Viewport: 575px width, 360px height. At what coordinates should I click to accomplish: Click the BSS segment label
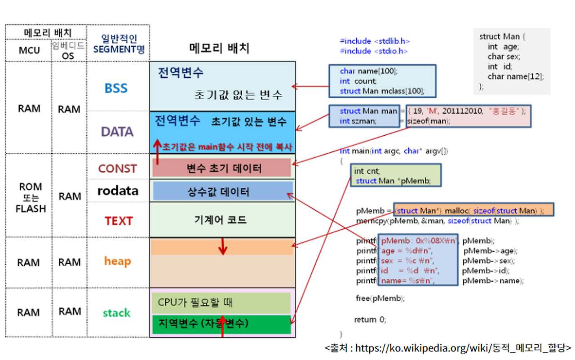click(116, 88)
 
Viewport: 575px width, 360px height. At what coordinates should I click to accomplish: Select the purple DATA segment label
click(117, 132)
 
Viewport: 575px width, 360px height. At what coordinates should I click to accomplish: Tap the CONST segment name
click(117, 169)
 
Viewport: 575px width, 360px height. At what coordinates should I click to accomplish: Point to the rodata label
click(118, 191)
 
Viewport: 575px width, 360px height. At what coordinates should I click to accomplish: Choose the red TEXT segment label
click(119, 221)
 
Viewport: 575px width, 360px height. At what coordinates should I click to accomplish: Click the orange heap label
click(117, 261)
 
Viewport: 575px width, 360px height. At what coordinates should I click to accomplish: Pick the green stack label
click(116, 313)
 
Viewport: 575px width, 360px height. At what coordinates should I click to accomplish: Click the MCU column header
click(29, 51)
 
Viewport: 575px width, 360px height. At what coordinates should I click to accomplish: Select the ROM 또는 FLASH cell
click(31, 197)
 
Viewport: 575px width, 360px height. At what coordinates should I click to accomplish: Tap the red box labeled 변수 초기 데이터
click(222, 168)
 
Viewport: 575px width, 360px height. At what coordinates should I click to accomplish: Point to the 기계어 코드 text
click(220, 220)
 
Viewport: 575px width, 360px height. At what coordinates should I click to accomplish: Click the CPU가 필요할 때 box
click(221, 303)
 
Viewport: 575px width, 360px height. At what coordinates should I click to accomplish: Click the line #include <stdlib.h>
click(375, 41)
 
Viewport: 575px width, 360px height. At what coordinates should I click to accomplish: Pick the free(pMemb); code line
click(380, 298)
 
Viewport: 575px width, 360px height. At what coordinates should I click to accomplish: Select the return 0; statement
click(370, 320)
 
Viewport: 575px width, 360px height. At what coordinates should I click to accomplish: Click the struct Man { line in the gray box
click(502, 36)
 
